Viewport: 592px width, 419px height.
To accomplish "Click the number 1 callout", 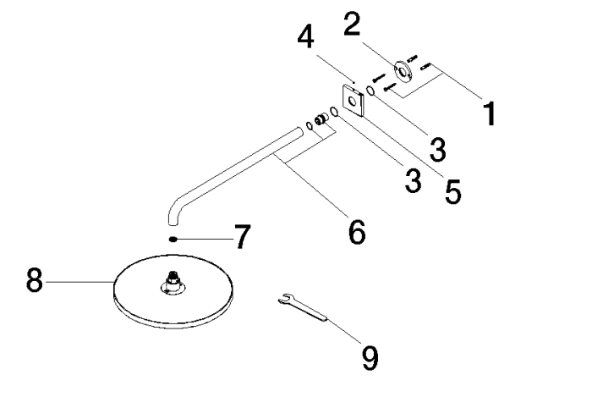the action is click(490, 113).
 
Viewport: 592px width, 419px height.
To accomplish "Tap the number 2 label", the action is click(352, 24).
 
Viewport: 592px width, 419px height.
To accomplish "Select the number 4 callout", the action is click(305, 37).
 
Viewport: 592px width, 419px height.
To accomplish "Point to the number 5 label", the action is click(452, 191).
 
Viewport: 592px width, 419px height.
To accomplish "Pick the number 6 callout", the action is click(357, 232).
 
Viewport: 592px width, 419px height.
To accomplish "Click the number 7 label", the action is click(242, 236).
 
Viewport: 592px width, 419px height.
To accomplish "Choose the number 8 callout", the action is click(35, 280).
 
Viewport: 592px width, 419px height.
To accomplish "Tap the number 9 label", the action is click(370, 358).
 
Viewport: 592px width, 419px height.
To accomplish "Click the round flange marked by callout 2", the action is click(404, 71).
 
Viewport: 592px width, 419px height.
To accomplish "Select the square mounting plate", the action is click(353, 101).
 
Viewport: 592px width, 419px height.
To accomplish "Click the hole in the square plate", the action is click(353, 101).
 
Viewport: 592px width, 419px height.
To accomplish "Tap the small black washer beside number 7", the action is click(173, 240).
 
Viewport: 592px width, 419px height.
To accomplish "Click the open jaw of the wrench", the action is click(285, 299).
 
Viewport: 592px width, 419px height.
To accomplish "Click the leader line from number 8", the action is click(79, 282).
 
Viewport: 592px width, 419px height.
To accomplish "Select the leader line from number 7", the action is click(205, 240).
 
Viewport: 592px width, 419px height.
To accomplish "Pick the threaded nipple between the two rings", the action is click(321, 119).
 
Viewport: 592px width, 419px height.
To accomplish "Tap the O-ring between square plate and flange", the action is click(370, 91).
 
